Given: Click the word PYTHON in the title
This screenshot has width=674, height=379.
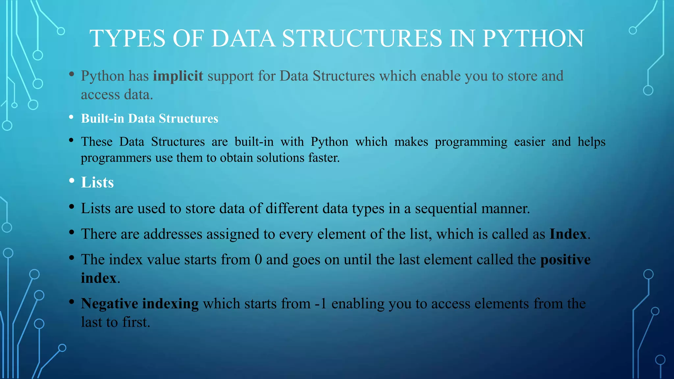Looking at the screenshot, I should [533, 38].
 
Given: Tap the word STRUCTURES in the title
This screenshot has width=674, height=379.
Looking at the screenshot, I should [362, 38].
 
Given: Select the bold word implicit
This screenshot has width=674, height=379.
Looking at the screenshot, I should [178, 76].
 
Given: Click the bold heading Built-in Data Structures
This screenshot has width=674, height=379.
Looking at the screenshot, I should [149, 118].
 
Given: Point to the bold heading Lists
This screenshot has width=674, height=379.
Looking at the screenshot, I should [97, 182].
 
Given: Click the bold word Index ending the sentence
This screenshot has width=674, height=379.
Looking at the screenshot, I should [568, 234].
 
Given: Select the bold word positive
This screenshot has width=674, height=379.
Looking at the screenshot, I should [565, 260].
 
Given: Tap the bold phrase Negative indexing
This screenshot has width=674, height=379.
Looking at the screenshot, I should [140, 303].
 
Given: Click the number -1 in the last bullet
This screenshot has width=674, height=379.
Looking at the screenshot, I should [321, 303].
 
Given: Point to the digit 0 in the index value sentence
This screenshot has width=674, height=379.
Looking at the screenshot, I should [258, 260].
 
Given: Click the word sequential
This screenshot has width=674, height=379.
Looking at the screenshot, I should [446, 208].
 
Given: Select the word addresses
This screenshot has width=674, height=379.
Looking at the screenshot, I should [173, 234].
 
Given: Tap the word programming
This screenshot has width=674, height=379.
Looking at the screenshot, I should [471, 142].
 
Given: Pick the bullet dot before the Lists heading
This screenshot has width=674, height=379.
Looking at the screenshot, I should [72, 181].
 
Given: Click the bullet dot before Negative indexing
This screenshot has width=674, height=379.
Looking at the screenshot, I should [72, 302].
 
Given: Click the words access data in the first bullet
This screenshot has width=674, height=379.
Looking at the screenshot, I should [117, 95].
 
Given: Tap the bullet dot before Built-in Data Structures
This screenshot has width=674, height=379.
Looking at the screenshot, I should [71, 117].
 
